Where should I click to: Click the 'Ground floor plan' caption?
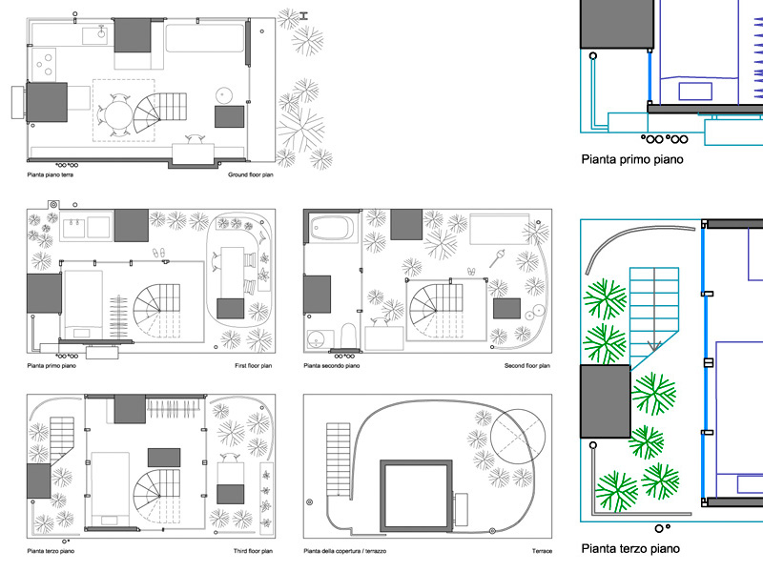click(x=251, y=174)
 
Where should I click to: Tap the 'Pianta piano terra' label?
click(x=51, y=174)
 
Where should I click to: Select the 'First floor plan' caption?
click(x=253, y=366)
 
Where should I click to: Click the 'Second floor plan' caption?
click(x=527, y=366)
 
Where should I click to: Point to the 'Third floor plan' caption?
click(x=253, y=551)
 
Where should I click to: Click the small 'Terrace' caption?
click(x=542, y=551)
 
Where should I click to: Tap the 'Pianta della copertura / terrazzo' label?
click(x=345, y=551)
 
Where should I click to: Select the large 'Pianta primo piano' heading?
click(x=632, y=159)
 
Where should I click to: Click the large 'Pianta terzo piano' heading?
click(x=630, y=549)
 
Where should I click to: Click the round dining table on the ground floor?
click(x=116, y=115)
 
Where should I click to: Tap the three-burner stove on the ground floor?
click(x=44, y=65)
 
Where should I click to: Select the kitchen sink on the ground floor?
click(x=94, y=35)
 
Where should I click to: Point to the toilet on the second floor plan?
click(x=348, y=337)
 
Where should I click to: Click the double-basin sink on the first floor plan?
click(x=86, y=228)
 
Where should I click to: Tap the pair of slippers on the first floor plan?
click(x=159, y=253)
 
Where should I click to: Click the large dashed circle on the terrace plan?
click(x=518, y=437)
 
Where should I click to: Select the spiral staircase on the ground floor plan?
click(x=159, y=112)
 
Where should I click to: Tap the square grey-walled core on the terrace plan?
click(x=416, y=496)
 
